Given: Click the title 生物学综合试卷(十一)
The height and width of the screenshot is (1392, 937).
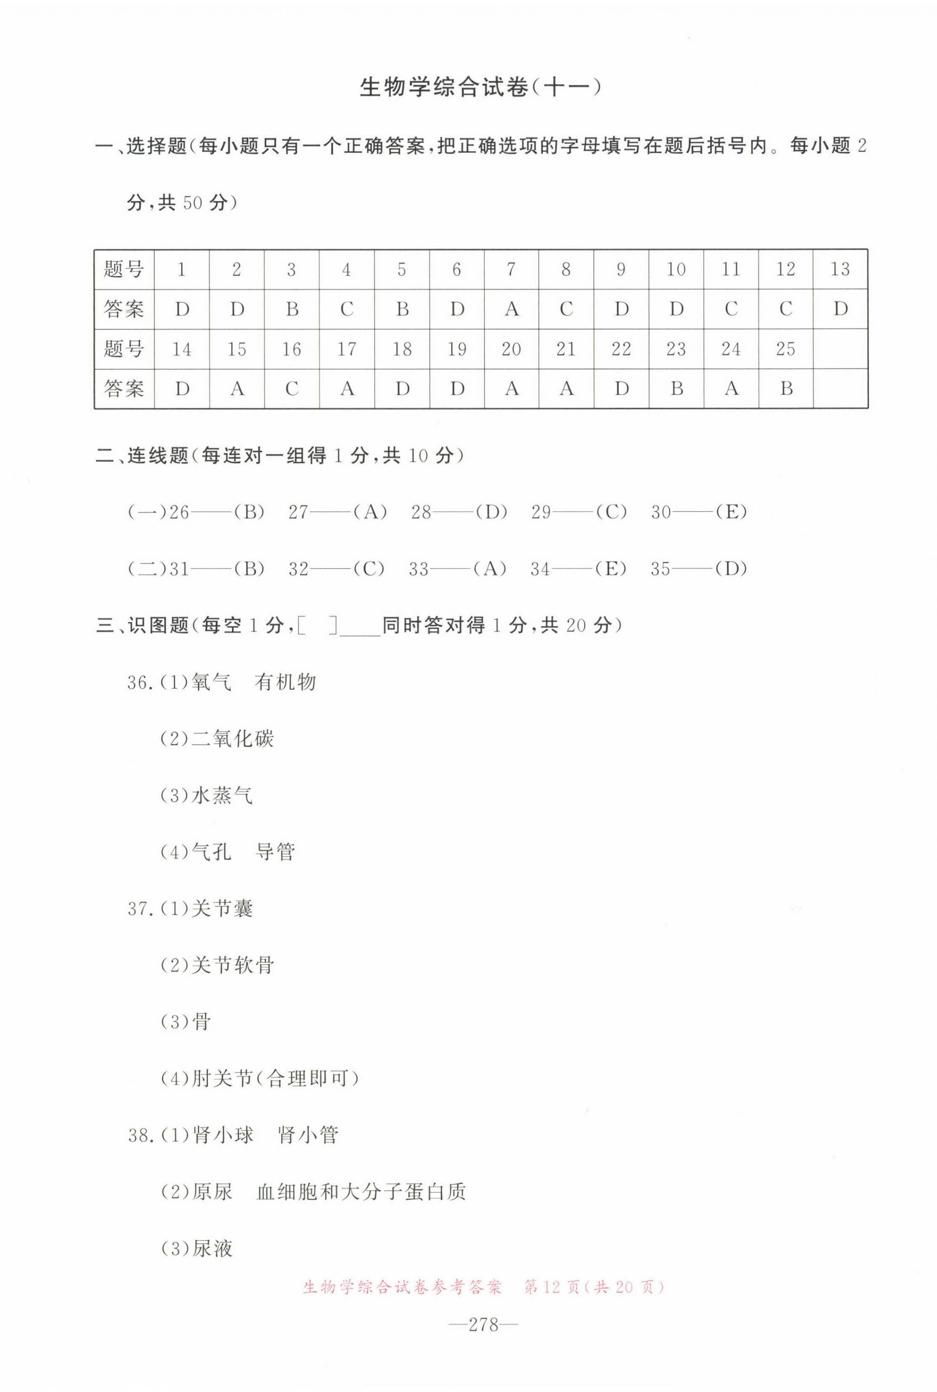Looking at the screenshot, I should [x=480, y=88].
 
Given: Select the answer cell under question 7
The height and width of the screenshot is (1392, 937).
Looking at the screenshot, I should [x=512, y=309].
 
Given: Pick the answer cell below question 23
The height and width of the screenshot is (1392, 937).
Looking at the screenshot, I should [x=676, y=389].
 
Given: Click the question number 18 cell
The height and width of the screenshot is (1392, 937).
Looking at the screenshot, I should [x=402, y=349].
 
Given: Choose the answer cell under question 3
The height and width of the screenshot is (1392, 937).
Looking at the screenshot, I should [x=292, y=309].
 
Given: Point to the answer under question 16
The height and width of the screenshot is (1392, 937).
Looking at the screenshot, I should [x=292, y=389].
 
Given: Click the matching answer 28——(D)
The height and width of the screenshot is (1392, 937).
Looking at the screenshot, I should [x=459, y=512].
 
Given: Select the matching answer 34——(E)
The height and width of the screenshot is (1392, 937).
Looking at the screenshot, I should [x=578, y=569].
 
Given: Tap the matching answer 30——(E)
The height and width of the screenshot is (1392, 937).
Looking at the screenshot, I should [x=698, y=512].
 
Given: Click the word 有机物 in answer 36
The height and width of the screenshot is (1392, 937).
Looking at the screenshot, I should [x=285, y=682].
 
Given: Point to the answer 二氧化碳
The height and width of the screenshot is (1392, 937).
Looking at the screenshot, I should [x=232, y=739].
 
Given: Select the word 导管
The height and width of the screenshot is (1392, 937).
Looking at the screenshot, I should [x=275, y=852].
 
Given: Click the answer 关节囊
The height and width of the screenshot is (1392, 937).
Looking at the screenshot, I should [x=222, y=909].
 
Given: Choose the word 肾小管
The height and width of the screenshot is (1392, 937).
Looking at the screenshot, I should [x=308, y=1135].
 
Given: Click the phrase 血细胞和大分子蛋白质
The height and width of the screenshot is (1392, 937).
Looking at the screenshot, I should [x=361, y=1192].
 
